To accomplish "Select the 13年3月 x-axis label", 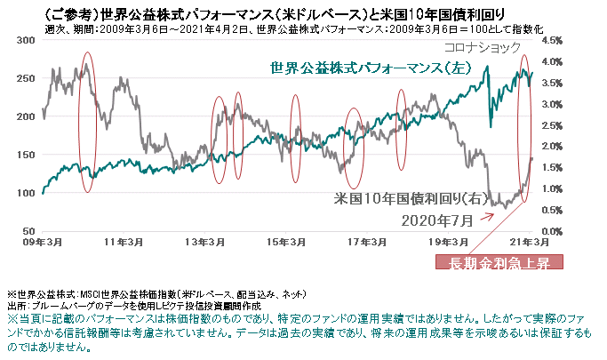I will point(205,242).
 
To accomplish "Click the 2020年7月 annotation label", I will point(437,218).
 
